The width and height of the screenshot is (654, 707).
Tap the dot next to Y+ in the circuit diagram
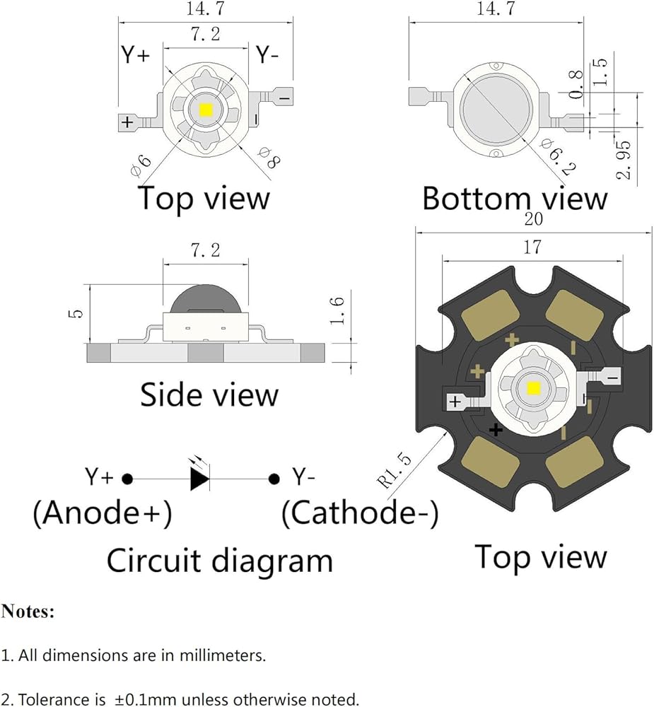click(x=128, y=479)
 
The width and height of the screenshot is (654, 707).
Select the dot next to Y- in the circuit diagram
click(x=274, y=479)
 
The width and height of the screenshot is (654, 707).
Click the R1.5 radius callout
click(x=395, y=471)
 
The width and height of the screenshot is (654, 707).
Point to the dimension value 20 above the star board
click(x=534, y=219)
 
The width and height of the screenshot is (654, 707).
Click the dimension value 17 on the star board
click(x=532, y=247)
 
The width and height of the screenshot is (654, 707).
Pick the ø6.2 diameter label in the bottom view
click(x=559, y=156)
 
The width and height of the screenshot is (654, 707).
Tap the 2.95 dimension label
click(x=624, y=160)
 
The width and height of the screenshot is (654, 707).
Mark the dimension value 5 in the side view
click(x=77, y=313)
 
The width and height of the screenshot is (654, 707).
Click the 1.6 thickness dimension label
click(x=337, y=310)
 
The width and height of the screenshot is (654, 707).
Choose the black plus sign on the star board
click(x=496, y=430)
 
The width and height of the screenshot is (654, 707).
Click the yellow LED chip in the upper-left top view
click(x=206, y=110)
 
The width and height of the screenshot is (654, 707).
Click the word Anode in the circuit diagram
click(x=97, y=513)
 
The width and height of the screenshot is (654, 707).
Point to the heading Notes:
click(x=28, y=612)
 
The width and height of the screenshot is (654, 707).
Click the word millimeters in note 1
click(x=223, y=655)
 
